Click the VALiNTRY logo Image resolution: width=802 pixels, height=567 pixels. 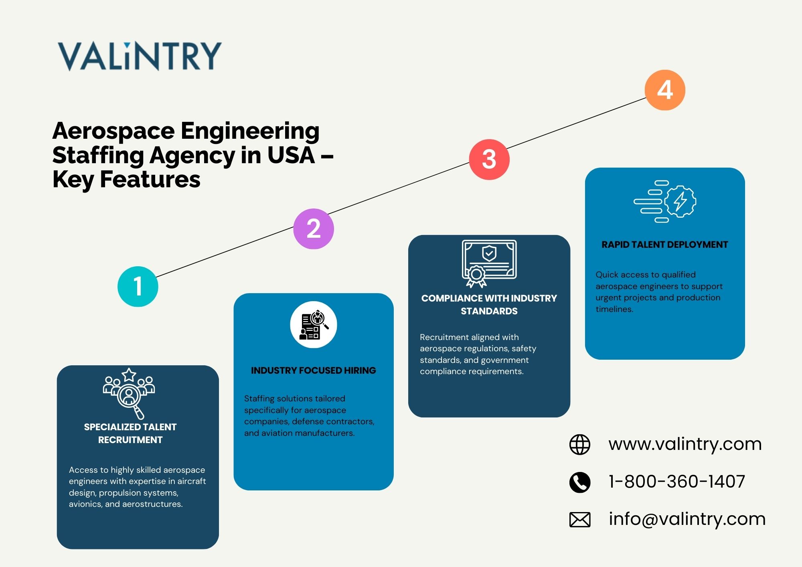140,56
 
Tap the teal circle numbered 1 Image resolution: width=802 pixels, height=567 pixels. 138,286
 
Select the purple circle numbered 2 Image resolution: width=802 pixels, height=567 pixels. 313,229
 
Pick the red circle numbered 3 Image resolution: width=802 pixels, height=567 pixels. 489,159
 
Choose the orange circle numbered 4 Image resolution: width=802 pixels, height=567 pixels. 664,90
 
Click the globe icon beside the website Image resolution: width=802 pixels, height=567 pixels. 579,444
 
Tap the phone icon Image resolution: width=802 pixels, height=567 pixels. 579,482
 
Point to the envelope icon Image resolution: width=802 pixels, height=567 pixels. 579,520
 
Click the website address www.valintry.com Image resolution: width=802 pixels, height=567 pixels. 685,444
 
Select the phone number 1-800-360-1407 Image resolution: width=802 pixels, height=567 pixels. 676,481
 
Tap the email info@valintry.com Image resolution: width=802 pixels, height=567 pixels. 687,519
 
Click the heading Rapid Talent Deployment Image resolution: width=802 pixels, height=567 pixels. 664,245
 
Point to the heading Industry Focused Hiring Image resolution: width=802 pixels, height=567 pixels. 313,371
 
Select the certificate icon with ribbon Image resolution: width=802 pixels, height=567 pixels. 489,263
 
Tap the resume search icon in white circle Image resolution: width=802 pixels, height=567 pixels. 313,324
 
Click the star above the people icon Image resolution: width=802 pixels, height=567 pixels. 129,375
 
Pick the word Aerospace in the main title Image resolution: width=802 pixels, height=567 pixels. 113,131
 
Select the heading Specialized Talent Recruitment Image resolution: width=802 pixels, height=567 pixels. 130,433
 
